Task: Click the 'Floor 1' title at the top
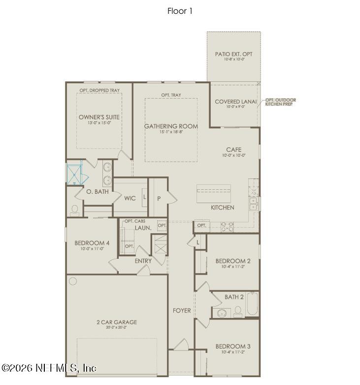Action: (x=180, y=11)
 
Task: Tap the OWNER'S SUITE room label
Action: (x=99, y=117)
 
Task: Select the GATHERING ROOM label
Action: (x=171, y=126)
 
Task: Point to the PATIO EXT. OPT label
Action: (x=233, y=54)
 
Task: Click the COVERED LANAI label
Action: (x=235, y=102)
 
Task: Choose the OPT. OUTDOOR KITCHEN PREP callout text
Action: (x=281, y=102)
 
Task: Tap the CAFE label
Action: (x=233, y=149)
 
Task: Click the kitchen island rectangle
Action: (x=213, y=194)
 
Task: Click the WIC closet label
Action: (x=130, y=198)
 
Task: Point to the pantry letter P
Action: (x=159, y=198)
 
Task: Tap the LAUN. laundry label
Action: (x=143, y=228)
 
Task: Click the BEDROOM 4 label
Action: (x=92, y=243)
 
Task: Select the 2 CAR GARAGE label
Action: (x=117, y=322)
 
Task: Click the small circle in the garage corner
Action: (x=73, y=281)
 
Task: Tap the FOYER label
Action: (x=181, y=311)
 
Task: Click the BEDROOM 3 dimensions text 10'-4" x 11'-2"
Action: (x=233, y=352)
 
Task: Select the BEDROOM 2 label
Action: (x=233, y=261)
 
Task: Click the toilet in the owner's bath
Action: (x=74, y=210)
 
